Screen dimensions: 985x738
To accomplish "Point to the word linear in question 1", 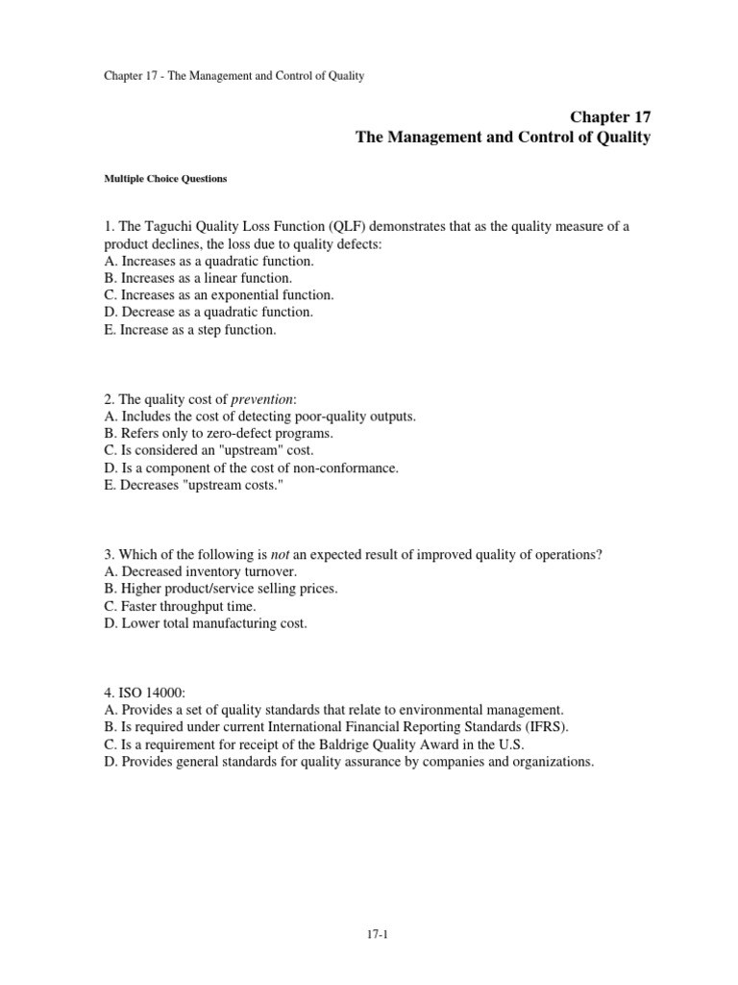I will (211, 278).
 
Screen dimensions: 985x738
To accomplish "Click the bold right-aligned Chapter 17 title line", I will (610, 116).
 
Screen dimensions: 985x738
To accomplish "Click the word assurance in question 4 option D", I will (383, 763).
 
